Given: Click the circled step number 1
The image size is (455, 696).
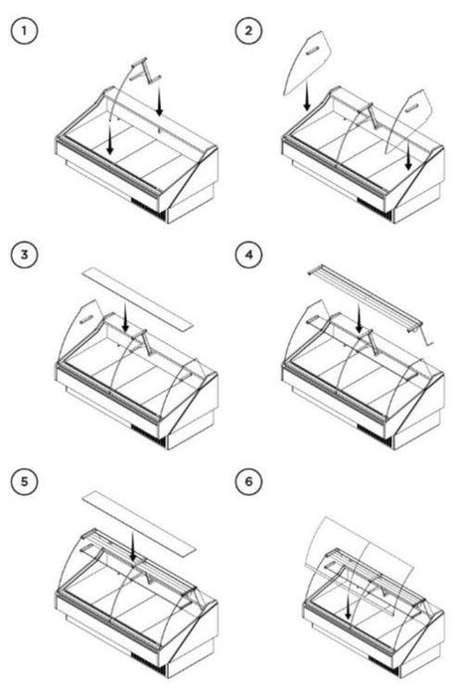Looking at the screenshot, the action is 25,31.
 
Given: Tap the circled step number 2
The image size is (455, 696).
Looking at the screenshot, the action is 248,31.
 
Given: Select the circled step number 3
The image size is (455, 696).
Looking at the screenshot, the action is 25,255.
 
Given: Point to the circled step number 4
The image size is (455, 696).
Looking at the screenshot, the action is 248,255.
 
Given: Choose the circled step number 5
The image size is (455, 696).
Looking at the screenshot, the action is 25,481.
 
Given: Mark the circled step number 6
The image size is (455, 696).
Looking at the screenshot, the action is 248,481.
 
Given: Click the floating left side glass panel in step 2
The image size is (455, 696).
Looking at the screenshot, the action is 306,62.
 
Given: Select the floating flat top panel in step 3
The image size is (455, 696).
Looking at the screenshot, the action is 138,298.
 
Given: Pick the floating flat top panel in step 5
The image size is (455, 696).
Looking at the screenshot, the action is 139,522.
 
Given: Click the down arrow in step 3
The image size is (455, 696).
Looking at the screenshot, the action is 125,317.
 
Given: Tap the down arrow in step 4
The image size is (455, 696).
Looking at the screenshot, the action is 359,318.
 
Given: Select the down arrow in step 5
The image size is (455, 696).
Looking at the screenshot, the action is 132,546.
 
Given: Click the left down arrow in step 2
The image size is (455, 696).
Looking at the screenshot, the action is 307,98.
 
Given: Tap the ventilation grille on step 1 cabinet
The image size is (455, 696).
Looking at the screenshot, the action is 149,211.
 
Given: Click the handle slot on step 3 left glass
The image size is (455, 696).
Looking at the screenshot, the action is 86,318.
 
